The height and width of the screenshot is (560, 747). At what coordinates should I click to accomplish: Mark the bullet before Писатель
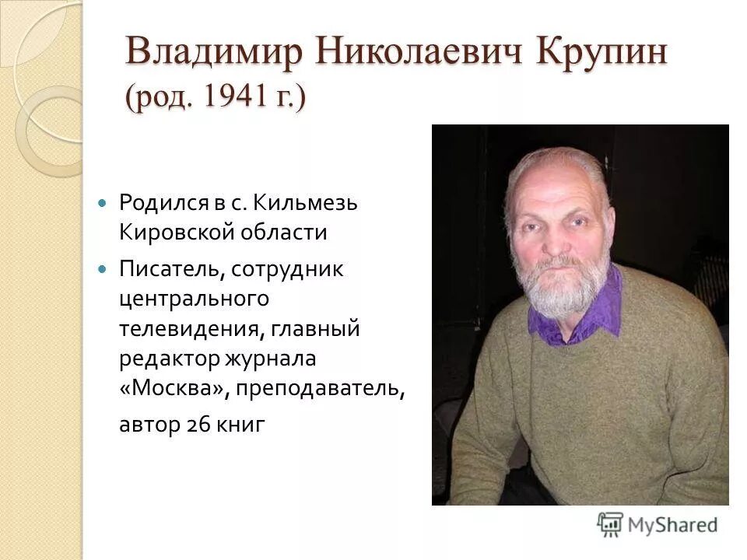(x=101, y=269)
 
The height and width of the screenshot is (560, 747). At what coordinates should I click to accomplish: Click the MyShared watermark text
(x=672, y=524)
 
